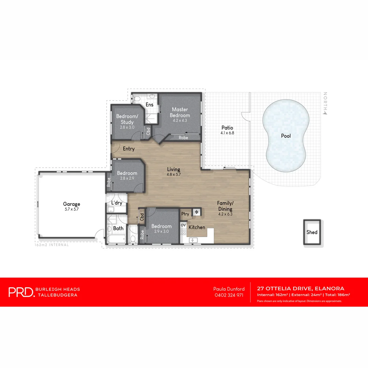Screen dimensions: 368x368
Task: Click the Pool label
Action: point(286,136)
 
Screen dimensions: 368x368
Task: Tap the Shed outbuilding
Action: point(312,232)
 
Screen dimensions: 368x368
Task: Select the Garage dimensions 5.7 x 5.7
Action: point(71,209)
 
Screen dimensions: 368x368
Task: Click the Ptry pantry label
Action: point(185,214)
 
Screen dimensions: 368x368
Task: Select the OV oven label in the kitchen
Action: point(183,225)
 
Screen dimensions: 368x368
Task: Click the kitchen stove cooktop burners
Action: point(183,232)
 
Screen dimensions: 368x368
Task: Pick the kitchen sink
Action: point(193,240)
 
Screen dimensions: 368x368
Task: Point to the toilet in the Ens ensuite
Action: point(136,98)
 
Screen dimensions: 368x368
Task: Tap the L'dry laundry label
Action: point(117,203)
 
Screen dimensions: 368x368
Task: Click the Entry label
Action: point(129,149)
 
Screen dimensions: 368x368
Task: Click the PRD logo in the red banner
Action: point(21,292)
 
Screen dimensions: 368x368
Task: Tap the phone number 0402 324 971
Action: point(229,295)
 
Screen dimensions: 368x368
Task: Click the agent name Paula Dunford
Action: point(229,289)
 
